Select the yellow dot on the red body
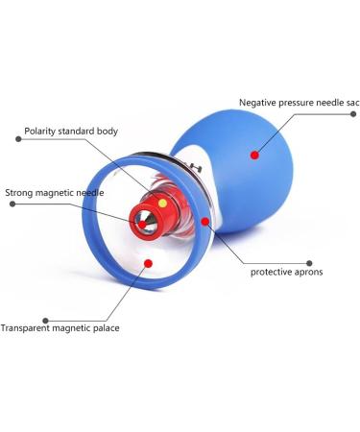162,204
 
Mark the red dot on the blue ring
205,222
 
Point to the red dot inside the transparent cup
146,262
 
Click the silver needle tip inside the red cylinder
143,225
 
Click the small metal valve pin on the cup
196,168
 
